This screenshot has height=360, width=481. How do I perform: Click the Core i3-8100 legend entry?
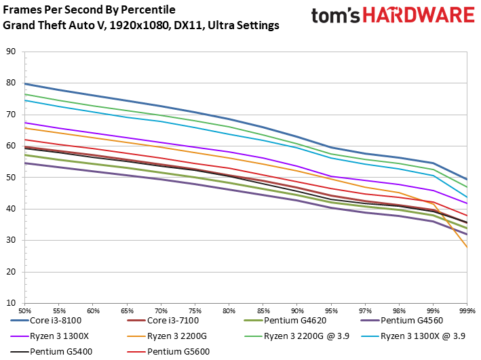pos(46,321)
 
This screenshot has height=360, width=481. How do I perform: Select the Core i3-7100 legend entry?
pos(163,321)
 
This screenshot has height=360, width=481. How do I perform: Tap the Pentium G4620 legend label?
pos(295,321)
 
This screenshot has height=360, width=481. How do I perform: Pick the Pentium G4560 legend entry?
pos(402,321)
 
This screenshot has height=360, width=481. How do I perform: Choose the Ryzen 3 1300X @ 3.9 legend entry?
pos(413,336)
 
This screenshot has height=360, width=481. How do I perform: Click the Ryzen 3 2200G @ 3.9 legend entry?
pos(296,336)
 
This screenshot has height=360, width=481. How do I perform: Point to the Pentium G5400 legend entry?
pos(52,351)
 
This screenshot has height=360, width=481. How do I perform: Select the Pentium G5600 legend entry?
pos(168,351)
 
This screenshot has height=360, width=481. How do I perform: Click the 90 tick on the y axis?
pos(11,52)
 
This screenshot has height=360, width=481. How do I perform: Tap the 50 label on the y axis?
pos(11,177)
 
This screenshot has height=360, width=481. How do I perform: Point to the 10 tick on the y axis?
pos(11,303)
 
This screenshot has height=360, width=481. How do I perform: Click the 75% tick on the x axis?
pos(195,311)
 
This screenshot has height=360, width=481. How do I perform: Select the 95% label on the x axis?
pos(331,311)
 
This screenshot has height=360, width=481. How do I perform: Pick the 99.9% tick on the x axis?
pos(467,311)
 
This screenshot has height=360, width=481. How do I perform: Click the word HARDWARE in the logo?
pos(419,16)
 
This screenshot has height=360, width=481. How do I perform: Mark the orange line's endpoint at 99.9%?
pos(467,247)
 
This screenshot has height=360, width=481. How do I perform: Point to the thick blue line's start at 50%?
pos(25,83)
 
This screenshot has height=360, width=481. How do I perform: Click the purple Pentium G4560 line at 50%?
pos(25,163)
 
